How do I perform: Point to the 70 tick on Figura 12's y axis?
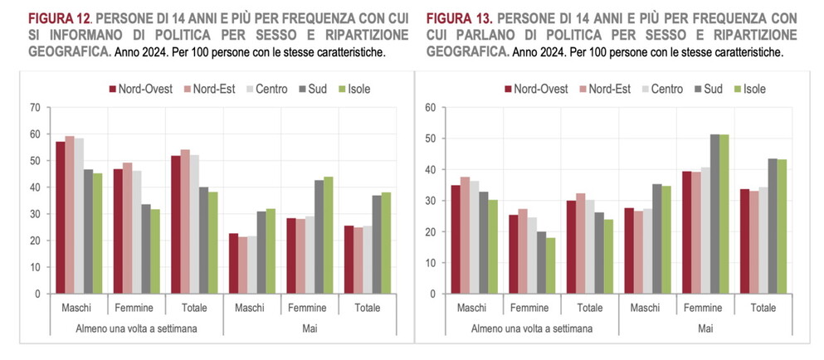[34, 108]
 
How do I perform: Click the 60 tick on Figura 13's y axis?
[431, 108]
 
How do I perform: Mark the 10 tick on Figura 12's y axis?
[34, 267]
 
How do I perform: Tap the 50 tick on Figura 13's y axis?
[431, 139]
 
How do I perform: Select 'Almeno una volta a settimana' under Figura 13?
[531, 328]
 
